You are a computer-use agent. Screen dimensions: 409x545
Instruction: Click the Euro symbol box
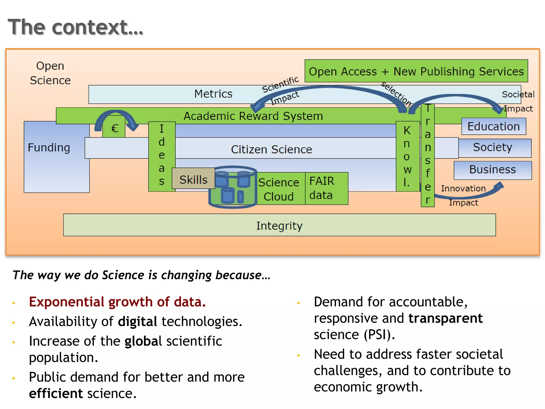(114, 128)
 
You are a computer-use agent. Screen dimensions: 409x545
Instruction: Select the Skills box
(193, 179)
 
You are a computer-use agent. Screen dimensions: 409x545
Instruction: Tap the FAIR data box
(326, 188)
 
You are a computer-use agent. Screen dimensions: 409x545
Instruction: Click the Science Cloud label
(279, 189)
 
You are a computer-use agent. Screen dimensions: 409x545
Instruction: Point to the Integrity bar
(279, 225)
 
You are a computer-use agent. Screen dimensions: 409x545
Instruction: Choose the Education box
(493, 126)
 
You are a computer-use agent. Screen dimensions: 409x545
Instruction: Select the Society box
(494, 148)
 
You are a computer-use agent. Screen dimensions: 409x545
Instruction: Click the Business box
(493, 170)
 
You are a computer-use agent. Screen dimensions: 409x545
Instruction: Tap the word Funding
(49, 148)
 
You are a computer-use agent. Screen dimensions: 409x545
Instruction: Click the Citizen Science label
(271, 149)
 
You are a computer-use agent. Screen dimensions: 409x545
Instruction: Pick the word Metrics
(213, 94)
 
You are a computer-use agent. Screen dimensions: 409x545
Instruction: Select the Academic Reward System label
(253, 116)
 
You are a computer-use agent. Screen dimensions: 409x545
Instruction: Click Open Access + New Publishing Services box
(416, 71)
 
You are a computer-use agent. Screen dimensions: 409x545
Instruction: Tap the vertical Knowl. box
(407, 157)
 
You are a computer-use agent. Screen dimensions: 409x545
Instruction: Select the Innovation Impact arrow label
(463, 195)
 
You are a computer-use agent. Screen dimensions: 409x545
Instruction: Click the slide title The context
(76, 27)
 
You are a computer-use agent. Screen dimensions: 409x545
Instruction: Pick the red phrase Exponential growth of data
(117, 302)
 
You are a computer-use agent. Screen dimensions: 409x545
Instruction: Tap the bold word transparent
(445, 318)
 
